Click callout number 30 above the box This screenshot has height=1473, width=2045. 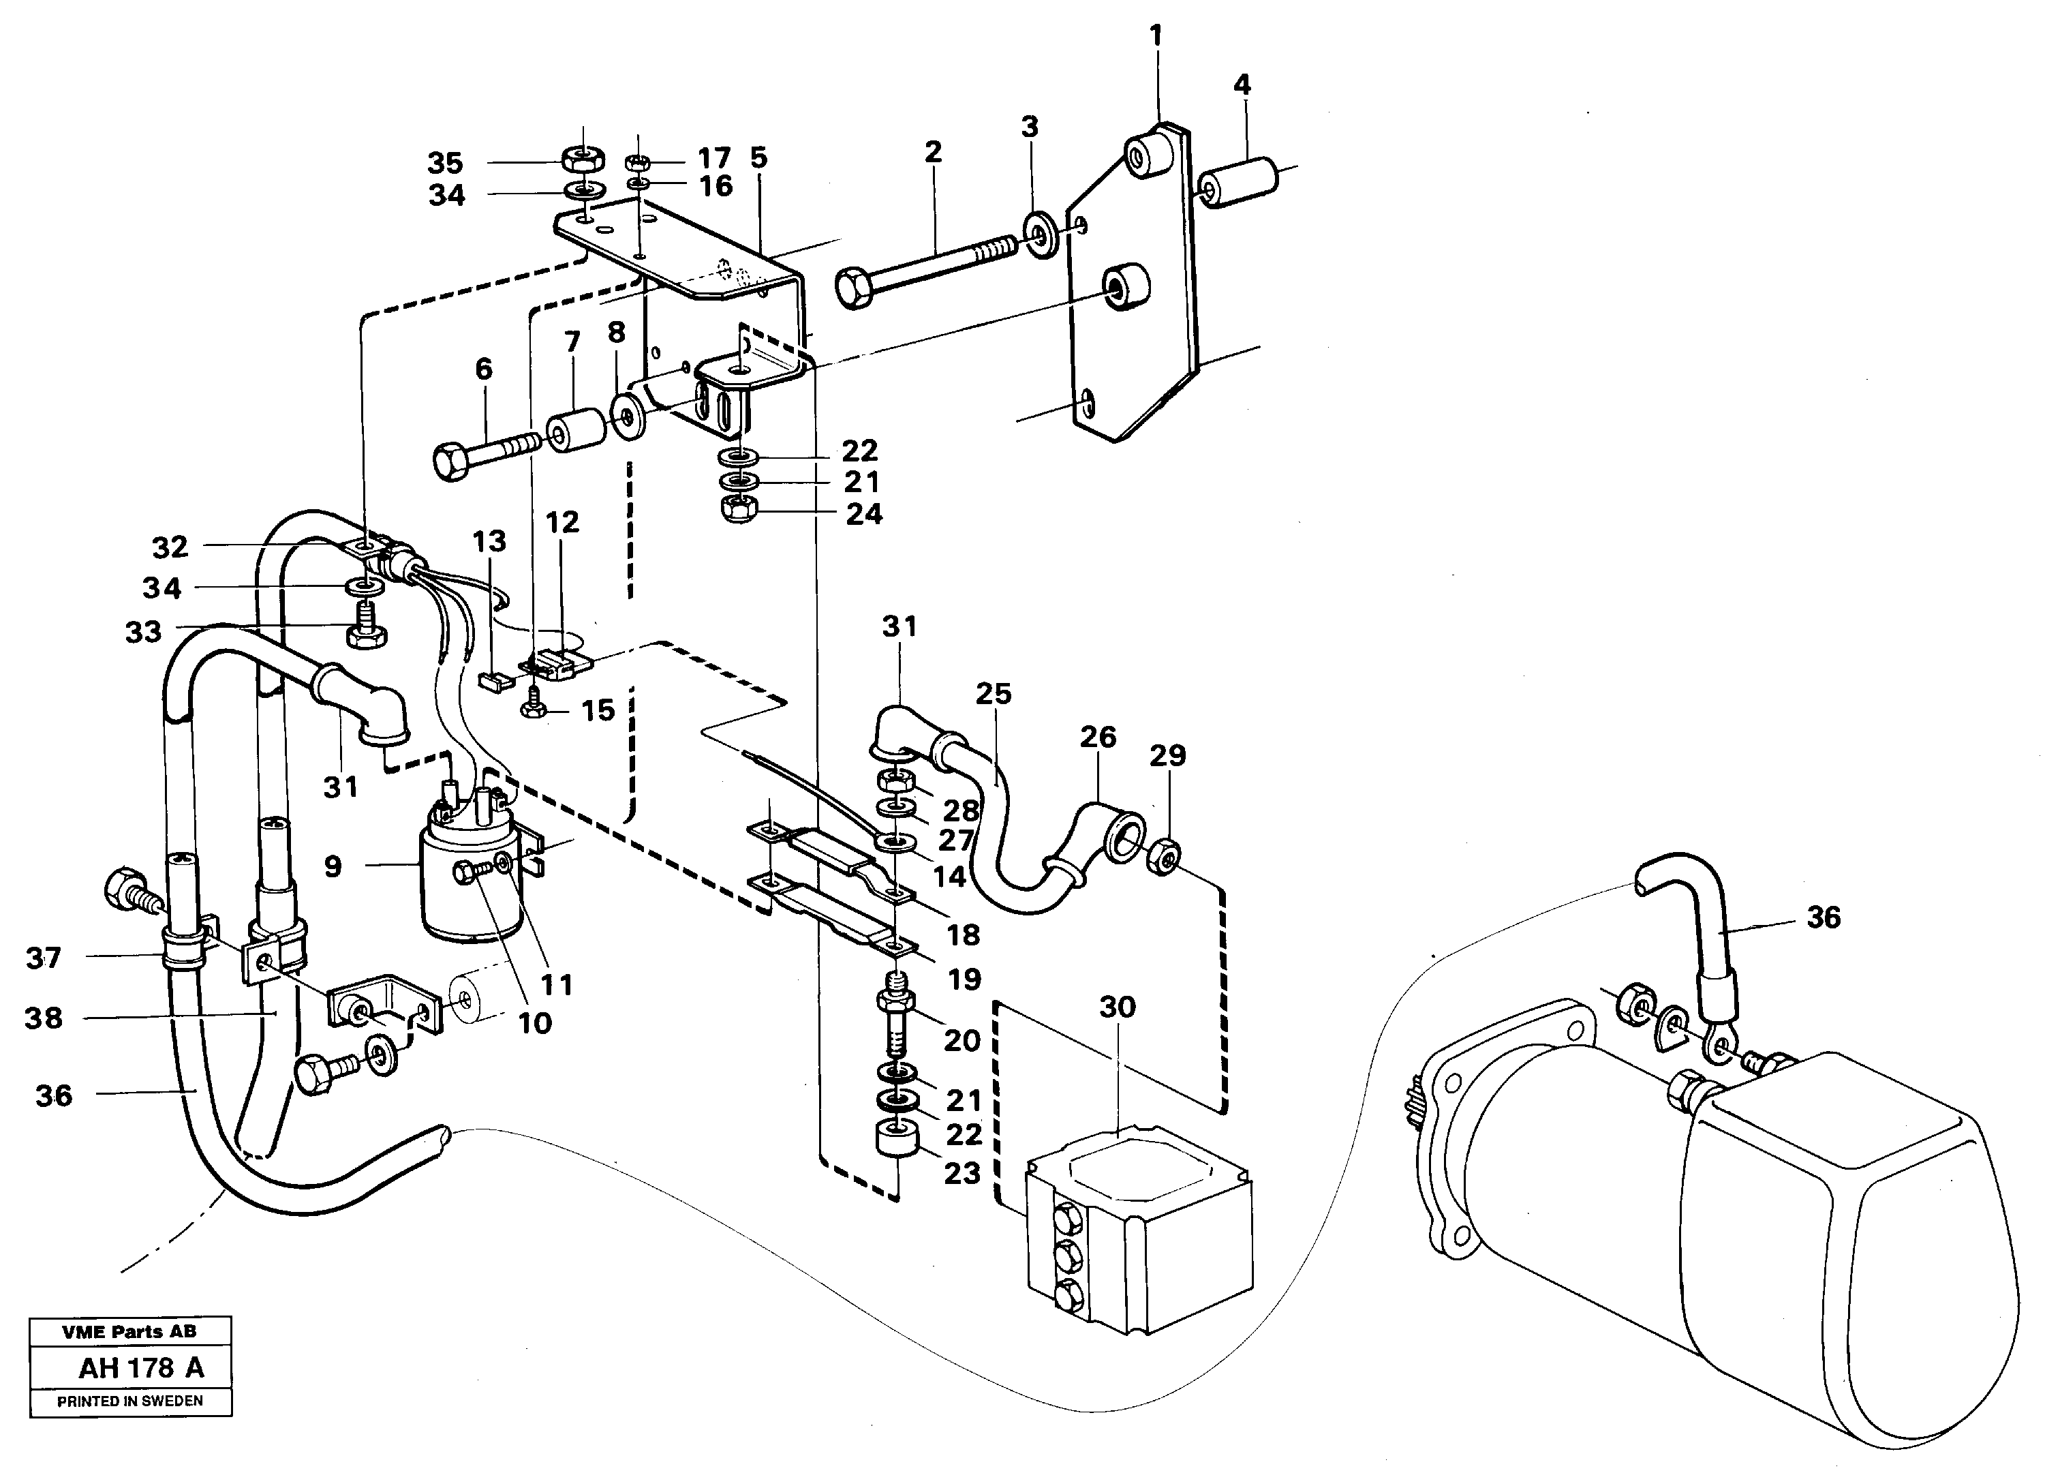(x=1117, y=1007)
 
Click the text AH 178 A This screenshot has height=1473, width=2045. (x=142, y=1368)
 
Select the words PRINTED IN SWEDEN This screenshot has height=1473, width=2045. (x=130, y=1401)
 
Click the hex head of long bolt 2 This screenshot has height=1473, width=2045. (x=854, y=288)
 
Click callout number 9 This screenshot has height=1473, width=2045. (x=333, y=867)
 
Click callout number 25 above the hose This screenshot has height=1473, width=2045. (x=993, y=694)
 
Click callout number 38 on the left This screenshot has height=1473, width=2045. (x=44, y=1018)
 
